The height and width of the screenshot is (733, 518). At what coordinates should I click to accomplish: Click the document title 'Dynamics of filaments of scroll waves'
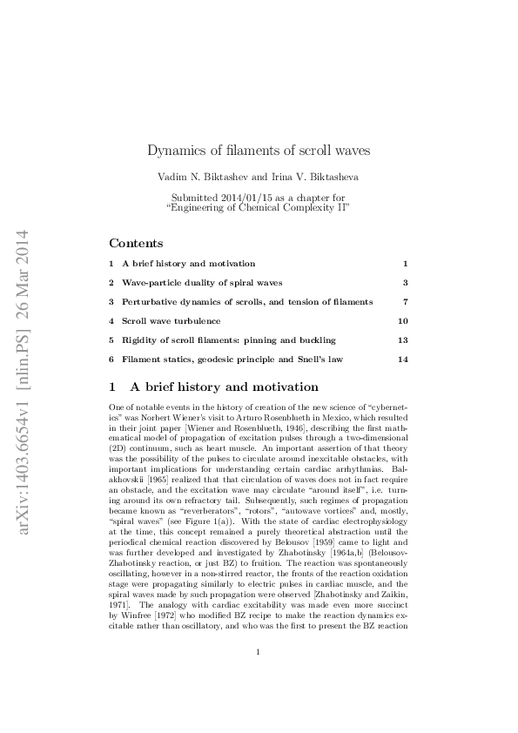point(259,150)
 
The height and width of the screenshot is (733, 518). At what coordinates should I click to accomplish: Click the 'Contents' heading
point(136,244)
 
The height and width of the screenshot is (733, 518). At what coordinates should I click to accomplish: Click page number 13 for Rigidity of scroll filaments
point(402,340)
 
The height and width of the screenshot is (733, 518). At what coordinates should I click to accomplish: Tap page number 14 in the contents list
point(402,359)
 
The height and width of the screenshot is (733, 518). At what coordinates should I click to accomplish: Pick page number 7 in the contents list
point(406,301)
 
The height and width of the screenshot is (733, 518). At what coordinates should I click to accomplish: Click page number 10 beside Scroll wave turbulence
point(402,320)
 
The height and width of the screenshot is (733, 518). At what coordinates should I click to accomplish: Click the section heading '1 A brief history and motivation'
point(213,387)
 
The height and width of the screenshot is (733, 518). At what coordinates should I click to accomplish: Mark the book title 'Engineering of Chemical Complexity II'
point(258,208)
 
